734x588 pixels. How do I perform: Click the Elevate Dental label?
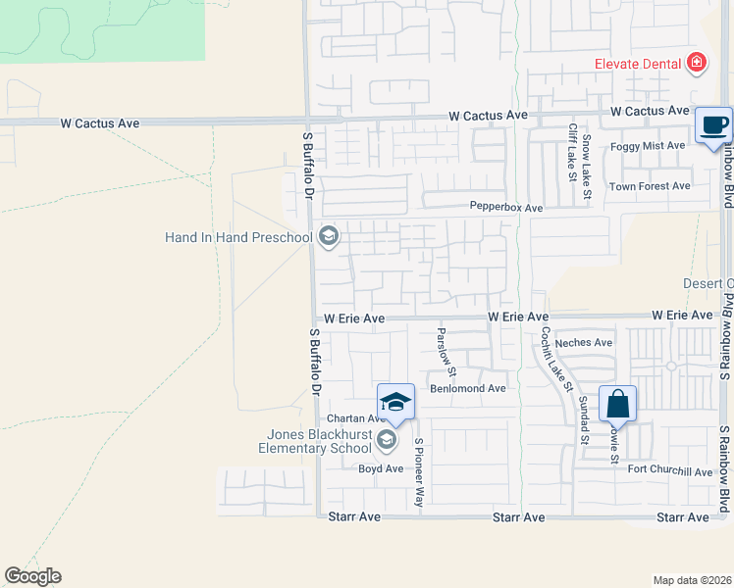click(637, 64)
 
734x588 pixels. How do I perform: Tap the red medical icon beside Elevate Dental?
click(697, 64)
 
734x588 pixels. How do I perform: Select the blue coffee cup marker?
click(713, 125)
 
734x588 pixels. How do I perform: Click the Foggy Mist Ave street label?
click(648, 145)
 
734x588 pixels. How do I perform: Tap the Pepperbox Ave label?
click(505, 208)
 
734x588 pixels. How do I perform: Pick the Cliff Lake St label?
click(571, 152)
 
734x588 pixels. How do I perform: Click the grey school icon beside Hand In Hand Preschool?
click(328, 236)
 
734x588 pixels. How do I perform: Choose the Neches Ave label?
click(583, 343)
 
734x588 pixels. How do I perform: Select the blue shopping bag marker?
click(617, 403)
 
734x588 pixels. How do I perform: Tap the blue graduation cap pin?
click(395, 402)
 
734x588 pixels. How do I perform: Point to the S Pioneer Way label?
click(419, 470)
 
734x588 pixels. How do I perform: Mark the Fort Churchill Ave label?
click(670, 471)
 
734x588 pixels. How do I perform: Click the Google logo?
click(32, 576)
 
